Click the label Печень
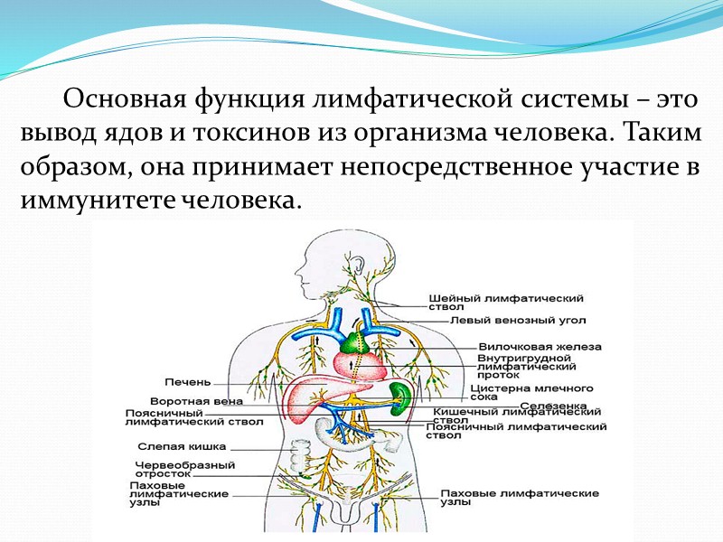[188, 382]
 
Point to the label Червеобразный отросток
[184, 469]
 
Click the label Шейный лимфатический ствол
[505, 301]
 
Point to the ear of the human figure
[360, 264]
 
